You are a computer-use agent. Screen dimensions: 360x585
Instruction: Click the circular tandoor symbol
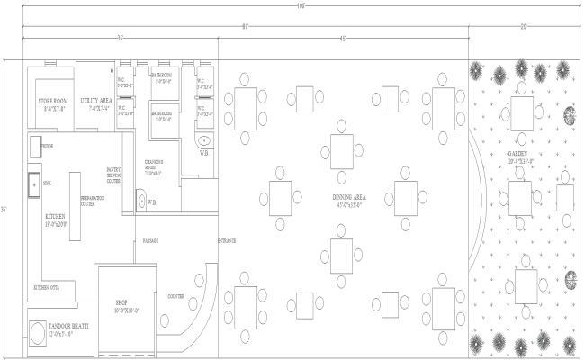[36, 335]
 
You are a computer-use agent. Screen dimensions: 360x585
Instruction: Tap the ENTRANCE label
[227, 240]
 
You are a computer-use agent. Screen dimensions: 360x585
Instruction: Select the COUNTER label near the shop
[176, 295]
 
